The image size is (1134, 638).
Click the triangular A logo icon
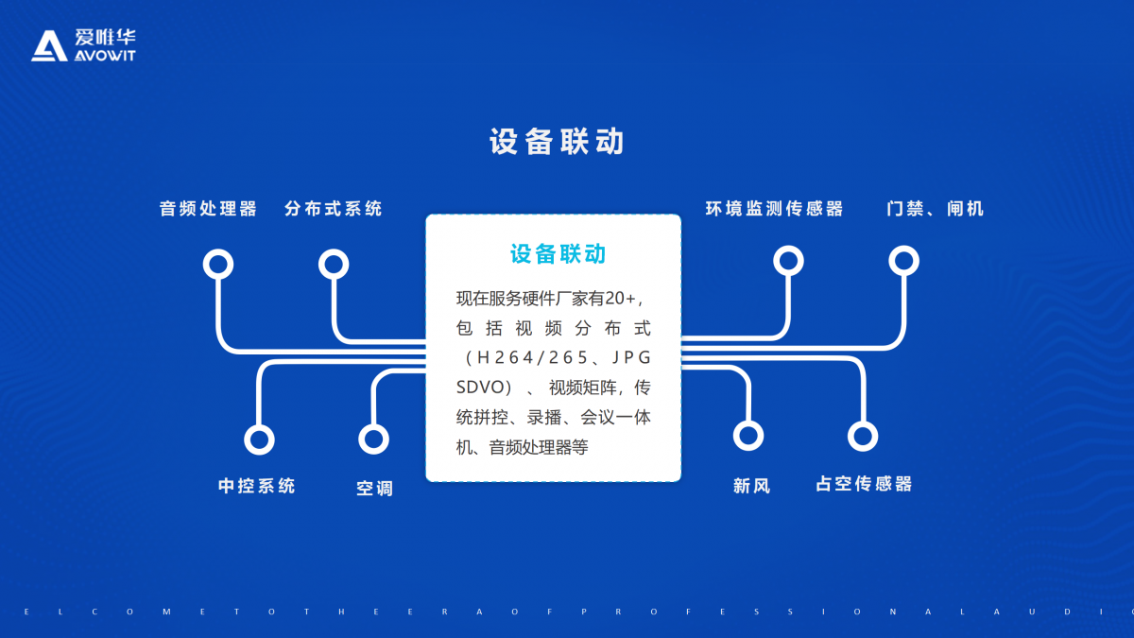49,45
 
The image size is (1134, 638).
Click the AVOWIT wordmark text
105,55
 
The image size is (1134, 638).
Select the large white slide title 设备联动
557,141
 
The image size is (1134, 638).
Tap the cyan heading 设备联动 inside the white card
558,253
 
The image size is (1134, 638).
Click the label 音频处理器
208,209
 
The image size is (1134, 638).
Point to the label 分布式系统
333,209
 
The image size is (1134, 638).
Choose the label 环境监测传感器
774,209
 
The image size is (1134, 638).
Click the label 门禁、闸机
935,209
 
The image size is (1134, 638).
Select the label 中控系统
257,486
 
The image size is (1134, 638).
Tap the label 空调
374,489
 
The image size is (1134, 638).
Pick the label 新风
752,486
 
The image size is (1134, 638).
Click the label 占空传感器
864,484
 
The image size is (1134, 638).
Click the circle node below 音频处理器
218,264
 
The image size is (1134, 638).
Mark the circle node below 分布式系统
334,264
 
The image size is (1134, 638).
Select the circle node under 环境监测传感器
788,261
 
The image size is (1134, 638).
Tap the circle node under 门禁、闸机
903,261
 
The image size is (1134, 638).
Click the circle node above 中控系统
259,440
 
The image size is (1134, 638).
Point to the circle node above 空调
373,439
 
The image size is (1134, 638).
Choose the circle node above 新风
748,436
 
